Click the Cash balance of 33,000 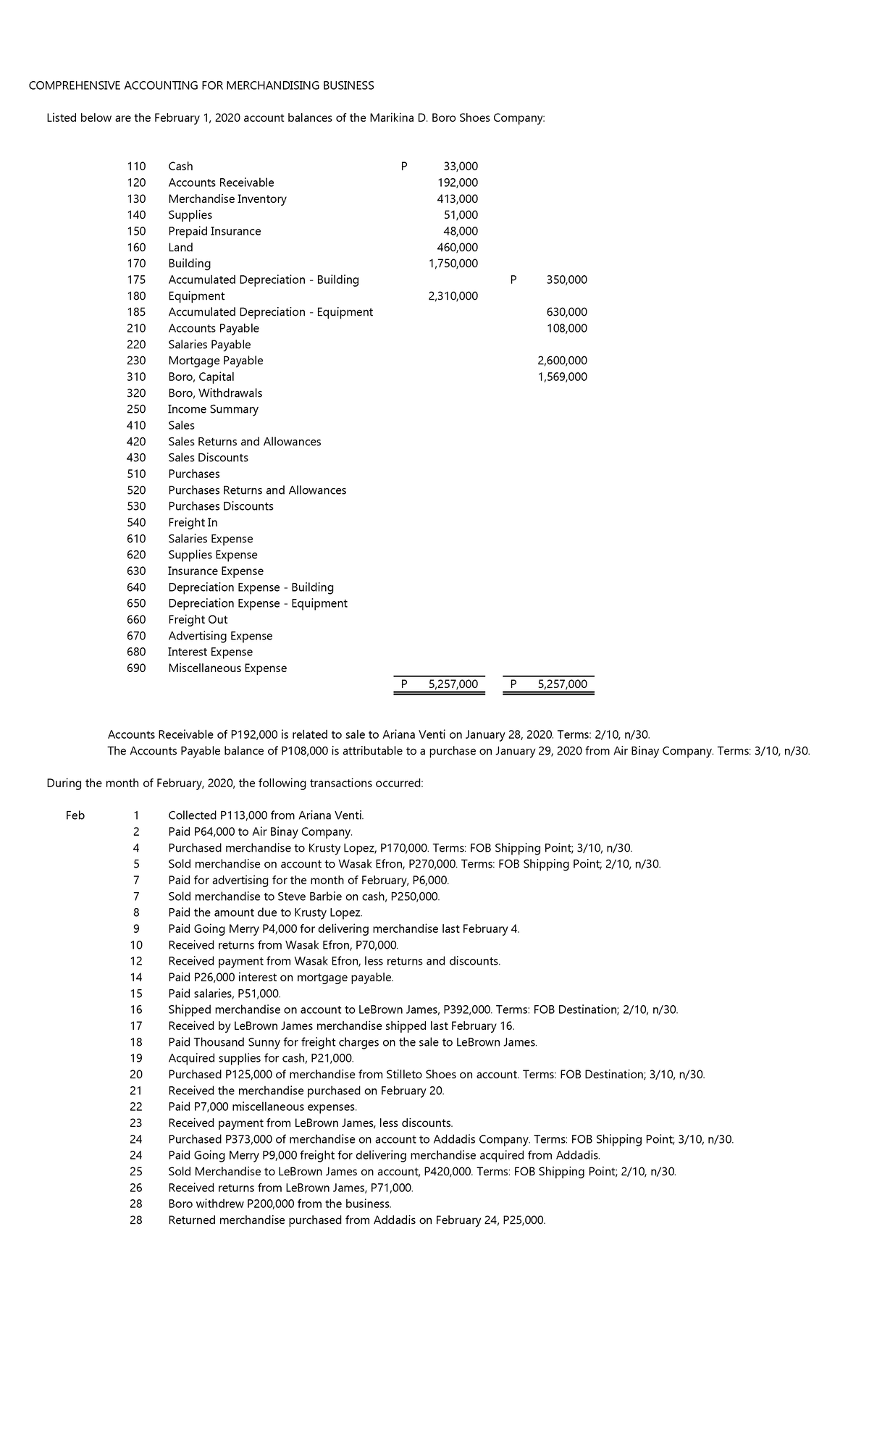tap(461, 167)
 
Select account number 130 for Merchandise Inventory tap(136, 198)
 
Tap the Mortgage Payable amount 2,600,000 tap(562, 361)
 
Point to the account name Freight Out tap(198, 620)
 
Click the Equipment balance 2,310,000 tap(453, 295)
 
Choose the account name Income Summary tap(213, 409)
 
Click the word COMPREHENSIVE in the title tap(70, 85)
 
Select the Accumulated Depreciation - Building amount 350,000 tap(567, 280)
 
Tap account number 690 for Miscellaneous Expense tap(136, 668)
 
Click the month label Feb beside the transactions tap(75, 815)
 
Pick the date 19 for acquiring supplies tap(136, 1058)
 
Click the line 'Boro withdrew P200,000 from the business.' tap(280, 1204)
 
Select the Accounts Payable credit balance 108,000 tap(567, 328)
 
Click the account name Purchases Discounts tap(221, 506)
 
